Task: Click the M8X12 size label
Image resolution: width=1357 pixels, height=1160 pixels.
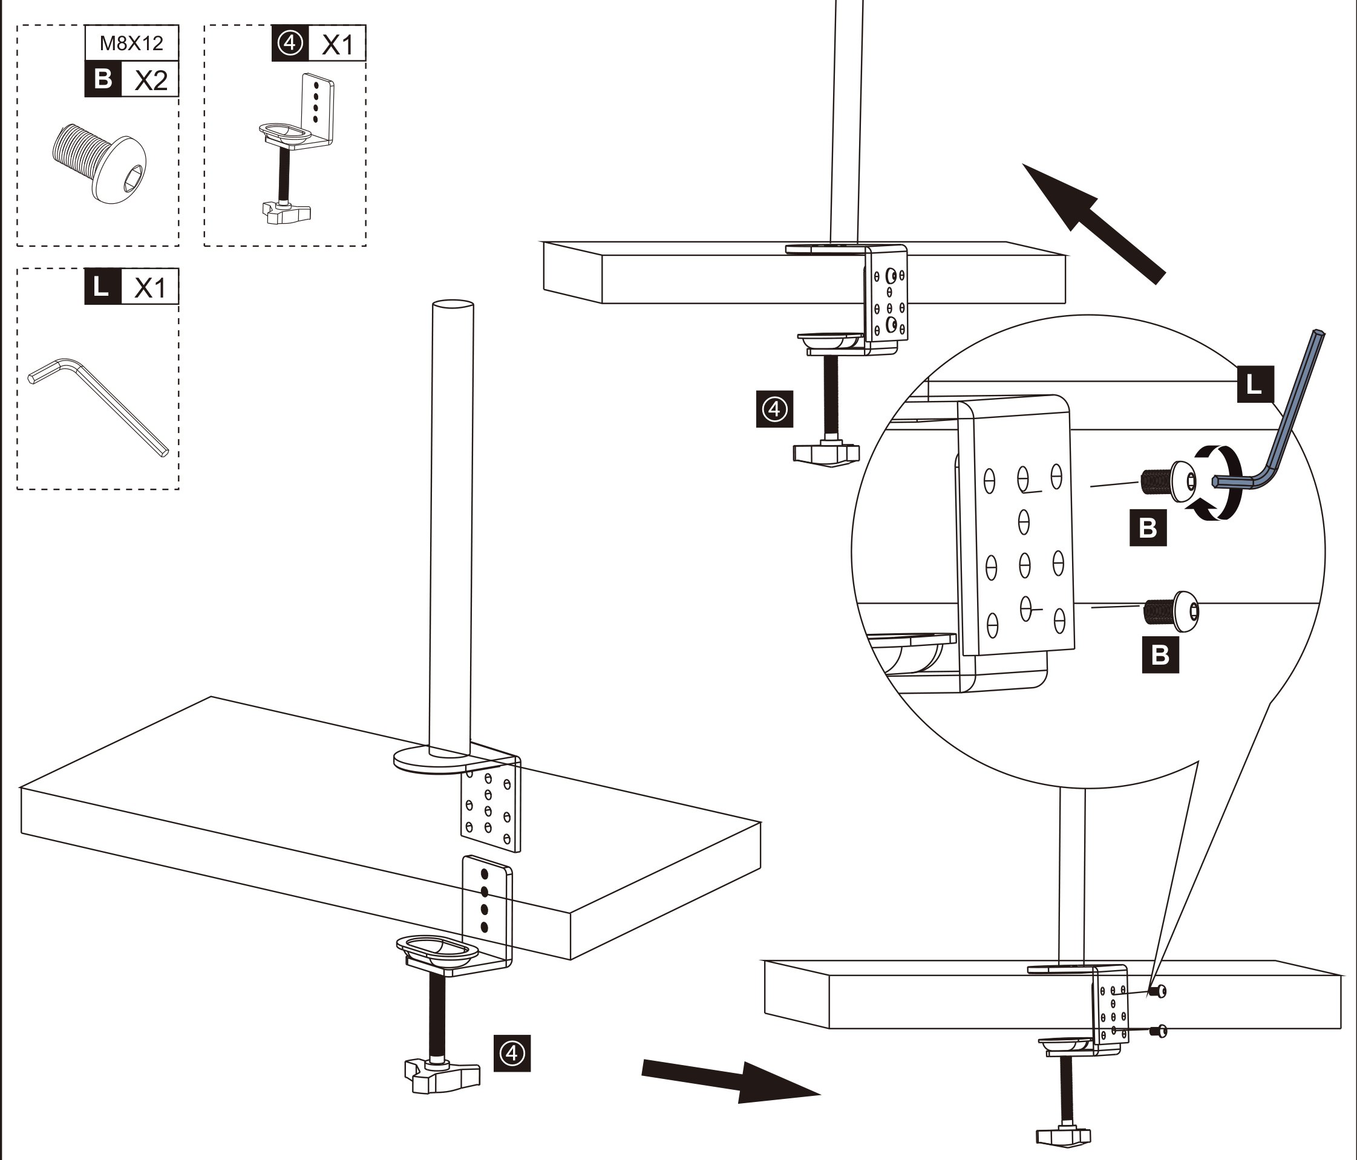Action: click(x=131, y=43)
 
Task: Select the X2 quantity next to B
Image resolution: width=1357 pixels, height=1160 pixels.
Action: click(x=151, y=80)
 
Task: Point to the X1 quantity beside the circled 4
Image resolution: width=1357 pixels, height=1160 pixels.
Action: click(x=338, y=45)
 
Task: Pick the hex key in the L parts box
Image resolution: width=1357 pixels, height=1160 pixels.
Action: click(x=98, y=406)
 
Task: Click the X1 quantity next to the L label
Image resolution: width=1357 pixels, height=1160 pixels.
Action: click(x=150, y=287)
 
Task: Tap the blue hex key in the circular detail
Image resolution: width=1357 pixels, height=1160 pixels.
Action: click(x=1274, y=419)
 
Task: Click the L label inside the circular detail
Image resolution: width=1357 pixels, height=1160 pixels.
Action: click(x=1255, y=383)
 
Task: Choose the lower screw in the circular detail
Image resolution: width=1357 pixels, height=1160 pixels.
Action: click(x=1172, y=611)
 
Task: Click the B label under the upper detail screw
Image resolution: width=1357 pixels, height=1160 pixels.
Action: click(x=1148, y=527)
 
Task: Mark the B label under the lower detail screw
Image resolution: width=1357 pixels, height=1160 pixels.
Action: click(x=1160, y=654)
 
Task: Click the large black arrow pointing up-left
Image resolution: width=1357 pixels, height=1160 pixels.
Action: click(x=1094, y=223)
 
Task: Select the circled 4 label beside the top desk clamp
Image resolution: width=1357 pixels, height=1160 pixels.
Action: click(x=775, y=409)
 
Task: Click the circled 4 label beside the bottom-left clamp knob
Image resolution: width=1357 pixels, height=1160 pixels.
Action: click(x=512, y=1054)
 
